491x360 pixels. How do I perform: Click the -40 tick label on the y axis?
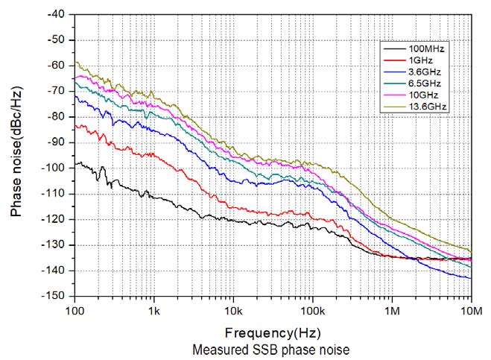coord(56,14)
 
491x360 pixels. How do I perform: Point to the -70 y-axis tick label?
coord(56,91)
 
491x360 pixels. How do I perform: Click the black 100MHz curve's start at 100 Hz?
coord(75,163)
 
